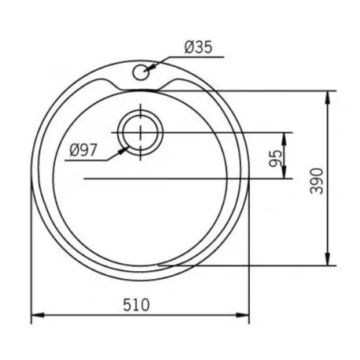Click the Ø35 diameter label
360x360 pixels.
[198, 47]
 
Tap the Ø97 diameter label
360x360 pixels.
[83, 150]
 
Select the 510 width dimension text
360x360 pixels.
[136, 305]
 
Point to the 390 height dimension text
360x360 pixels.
[317, 181]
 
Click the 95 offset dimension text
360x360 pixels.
[276, 158]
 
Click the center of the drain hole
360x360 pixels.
[141, 132]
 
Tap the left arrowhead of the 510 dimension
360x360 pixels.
[38, 314]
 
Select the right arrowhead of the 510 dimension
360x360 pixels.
[242, 314]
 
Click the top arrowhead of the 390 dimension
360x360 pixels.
[327, 97]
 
